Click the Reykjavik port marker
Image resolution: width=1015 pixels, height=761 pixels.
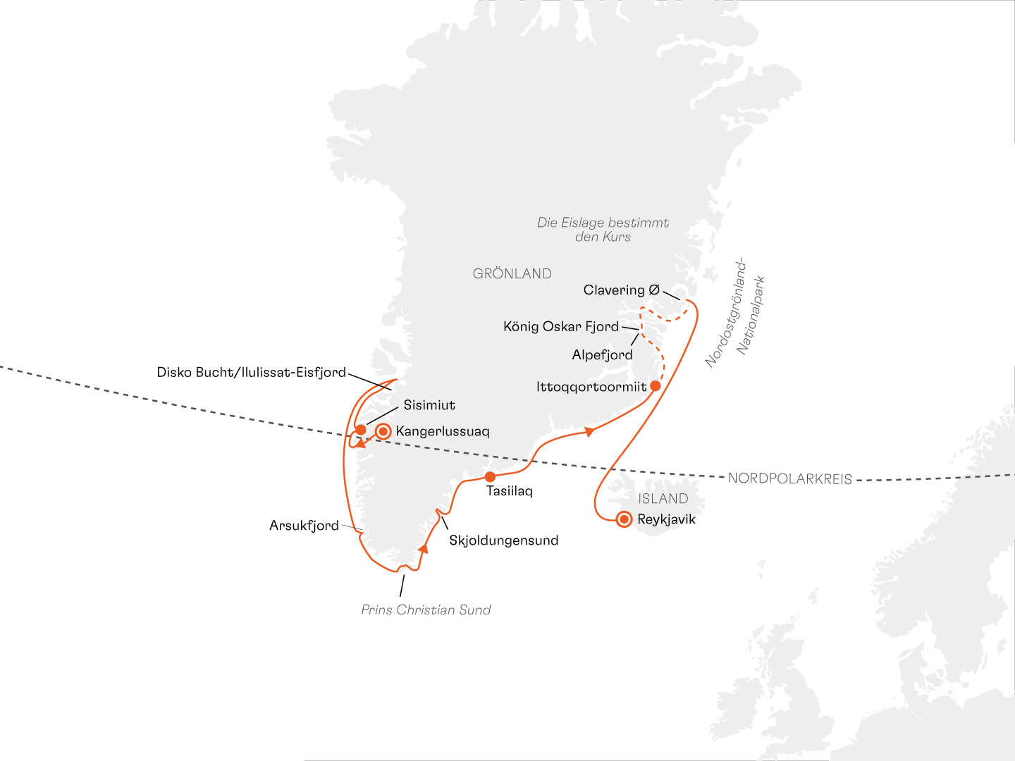pos(624,520)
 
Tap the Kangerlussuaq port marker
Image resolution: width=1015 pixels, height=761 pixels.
pos(383,431)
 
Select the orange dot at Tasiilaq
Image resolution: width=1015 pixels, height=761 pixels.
pos(490,477)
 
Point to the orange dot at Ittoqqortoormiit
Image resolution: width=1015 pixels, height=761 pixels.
pos(655,386)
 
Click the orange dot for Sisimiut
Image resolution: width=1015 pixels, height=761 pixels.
pos(360,430)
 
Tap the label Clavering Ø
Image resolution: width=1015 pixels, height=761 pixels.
pos(621,290)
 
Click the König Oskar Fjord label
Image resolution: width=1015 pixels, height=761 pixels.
pos(560,327)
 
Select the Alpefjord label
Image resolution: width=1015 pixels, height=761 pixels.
pos(602,355)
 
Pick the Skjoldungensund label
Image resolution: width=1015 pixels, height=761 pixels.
pos(503,541)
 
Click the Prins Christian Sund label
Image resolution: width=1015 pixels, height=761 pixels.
pos(426,610)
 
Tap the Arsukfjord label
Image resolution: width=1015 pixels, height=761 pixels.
pos(304,526)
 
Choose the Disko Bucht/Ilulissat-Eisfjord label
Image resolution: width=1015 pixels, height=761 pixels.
pos(252,373)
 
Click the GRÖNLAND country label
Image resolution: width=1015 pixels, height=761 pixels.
pos(512,274)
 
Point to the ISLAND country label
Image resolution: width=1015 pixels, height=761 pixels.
pos(663,499)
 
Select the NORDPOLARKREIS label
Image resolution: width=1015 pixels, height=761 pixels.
pos(789,479)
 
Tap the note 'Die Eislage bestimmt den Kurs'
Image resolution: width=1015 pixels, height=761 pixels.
pos(603,230)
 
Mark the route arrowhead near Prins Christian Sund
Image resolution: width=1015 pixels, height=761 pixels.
pos(423,548)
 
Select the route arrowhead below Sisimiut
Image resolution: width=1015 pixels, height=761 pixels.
pos(359,444)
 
